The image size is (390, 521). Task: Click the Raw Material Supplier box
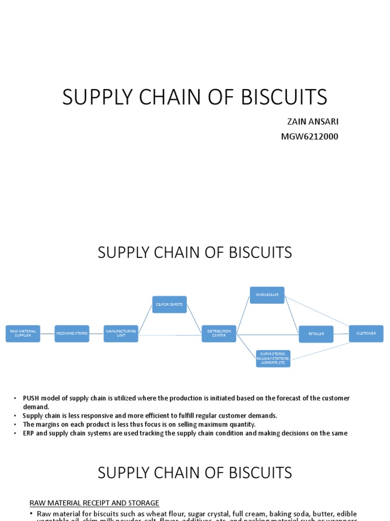click(23, 334)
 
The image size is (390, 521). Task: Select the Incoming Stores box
click(72, 334)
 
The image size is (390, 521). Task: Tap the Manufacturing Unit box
click(121, 334)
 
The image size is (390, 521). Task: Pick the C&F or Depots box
click(170, 304)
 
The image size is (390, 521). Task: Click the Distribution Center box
click(219, 334)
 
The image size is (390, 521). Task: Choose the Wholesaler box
click(267, 295)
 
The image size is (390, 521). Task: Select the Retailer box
click(316, 334)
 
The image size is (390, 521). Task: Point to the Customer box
click(366, 334)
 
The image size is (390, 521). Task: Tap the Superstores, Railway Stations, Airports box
click(273, 358)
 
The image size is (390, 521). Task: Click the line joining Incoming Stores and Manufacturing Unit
click(96, 334)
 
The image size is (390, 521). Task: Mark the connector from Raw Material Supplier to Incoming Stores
click(47, 334)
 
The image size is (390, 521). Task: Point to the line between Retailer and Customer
click(341, 334)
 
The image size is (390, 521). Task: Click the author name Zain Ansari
click(313, 122)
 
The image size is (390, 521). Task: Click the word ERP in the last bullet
click(29, 433)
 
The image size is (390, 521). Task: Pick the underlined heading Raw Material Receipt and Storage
click(94, 503)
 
